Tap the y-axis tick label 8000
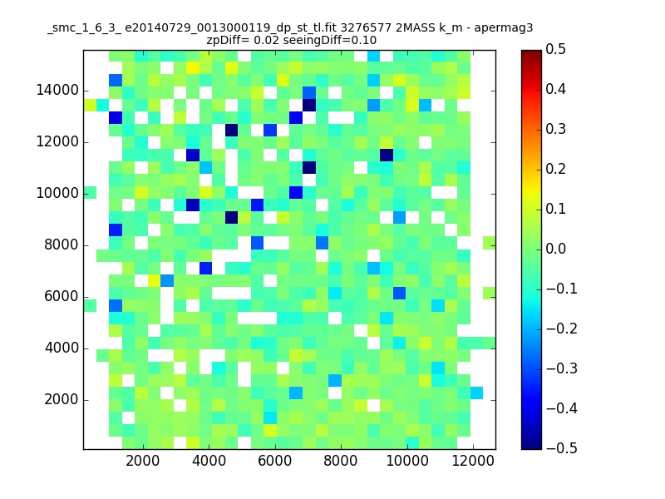point(61,245)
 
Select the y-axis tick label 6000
point(61,296)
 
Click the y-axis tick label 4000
point(61,348)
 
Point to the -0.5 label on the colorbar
point(561,447)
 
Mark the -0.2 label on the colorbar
point(561,329)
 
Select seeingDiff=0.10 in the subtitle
point(335,40)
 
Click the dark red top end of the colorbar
point(531,54)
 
